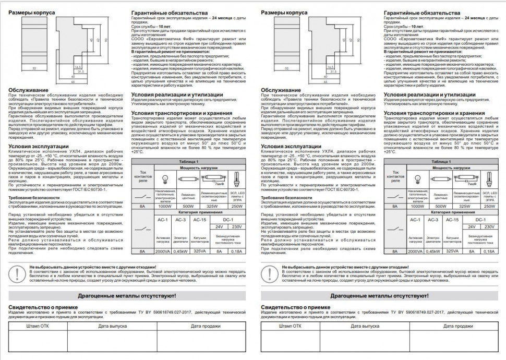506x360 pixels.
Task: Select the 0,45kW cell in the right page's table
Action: (433, 251)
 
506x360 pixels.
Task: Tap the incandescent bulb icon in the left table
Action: (165, 179)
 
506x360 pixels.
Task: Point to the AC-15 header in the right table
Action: (452, 220)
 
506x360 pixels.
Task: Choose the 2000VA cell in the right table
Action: (415, 251)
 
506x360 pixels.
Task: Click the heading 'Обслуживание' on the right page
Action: (281, 90)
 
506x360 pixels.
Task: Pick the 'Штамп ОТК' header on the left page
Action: (37, 326)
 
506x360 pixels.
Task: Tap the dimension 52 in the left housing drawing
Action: (34, 68)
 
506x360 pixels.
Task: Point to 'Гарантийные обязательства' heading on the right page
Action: (422, 11)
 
